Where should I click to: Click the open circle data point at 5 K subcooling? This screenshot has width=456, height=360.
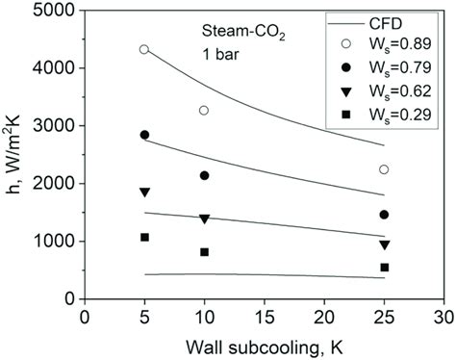click(x=144, y=49)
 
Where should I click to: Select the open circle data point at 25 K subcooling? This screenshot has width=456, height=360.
click(x=384, y=169)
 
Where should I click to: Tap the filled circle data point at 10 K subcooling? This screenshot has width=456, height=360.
click(x=204, y=175)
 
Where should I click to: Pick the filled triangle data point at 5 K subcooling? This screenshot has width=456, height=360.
click(x=144, y=193)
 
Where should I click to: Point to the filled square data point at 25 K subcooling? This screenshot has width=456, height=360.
click(x=384, y=268)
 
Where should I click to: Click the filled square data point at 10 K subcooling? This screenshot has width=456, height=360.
click(x=204, y=252)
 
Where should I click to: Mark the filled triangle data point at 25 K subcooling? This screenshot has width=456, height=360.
click(x=384, y=244)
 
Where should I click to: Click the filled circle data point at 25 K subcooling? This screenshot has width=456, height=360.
click(x=384, y=215)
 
